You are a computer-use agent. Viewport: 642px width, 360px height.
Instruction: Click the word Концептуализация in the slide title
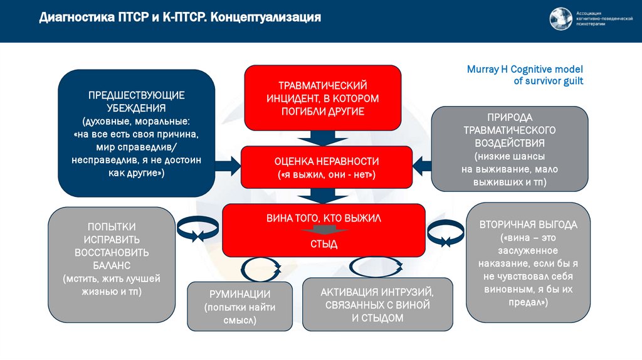tap(265, 18)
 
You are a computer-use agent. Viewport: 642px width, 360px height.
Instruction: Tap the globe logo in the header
tap(560, 19)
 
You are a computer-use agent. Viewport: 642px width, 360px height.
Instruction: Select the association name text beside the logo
tap(604, 19)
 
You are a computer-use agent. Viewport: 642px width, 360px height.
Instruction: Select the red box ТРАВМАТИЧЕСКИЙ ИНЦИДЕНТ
tap(322, 97)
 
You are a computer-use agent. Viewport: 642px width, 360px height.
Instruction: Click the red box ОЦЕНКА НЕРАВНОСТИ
tap(326, 167)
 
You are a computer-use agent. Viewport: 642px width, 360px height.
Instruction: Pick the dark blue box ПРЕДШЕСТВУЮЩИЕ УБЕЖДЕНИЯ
tap(136, 134)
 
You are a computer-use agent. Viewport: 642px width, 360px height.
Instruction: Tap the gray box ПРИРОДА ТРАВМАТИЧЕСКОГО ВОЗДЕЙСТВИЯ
tap(510, 149)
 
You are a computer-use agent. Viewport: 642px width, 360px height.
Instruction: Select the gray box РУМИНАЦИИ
tap(239, 306)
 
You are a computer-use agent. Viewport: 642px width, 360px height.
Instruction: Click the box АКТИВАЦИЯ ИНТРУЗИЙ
tap(377, 305)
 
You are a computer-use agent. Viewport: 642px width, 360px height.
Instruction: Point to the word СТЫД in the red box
tap(323, 245)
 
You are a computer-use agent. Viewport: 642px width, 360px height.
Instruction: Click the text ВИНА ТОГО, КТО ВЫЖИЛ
tap(323, 218)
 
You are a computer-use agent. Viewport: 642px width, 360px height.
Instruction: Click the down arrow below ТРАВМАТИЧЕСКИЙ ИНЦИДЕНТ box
tap(323, 137)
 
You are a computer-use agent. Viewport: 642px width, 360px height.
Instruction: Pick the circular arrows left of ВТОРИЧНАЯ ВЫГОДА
tap(445, 231)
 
